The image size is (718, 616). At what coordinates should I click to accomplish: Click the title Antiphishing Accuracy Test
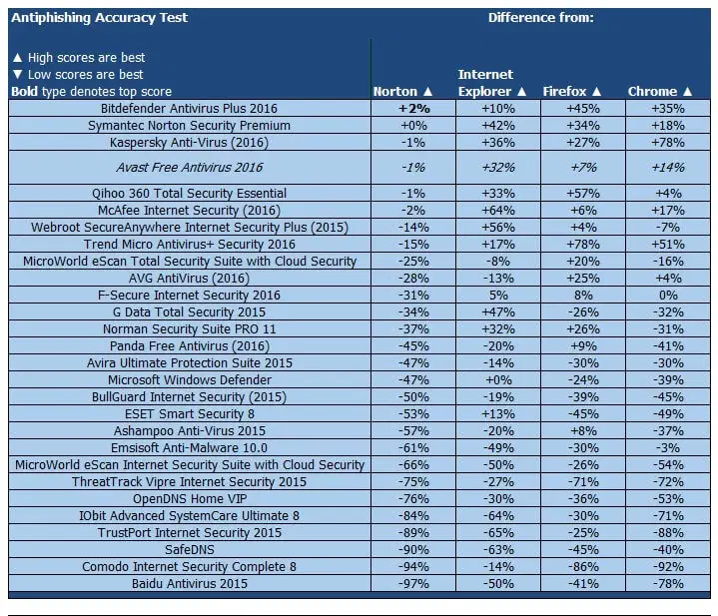coord(99,17)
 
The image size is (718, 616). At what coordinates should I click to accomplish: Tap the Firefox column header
coord(571,92)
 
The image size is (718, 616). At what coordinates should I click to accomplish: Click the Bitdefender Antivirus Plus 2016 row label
coord(189,108)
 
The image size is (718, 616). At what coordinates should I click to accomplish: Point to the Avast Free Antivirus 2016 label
coord(189,168)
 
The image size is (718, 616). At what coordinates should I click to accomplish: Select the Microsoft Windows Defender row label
coord(189,380)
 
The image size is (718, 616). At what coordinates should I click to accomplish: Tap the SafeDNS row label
coord(189,549)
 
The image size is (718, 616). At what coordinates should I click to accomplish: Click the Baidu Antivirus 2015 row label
coord(189,583)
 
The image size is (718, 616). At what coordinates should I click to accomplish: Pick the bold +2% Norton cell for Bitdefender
coord(413,108)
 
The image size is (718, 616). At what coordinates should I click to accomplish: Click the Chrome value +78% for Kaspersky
coord(668,142)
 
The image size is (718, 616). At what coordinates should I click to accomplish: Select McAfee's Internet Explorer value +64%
coord(498,211)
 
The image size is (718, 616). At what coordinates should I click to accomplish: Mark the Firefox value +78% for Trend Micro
coord(583,245)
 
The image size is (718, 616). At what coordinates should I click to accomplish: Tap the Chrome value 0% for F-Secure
coord(668,296)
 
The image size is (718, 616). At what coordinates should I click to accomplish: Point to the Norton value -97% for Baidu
coord(413,583)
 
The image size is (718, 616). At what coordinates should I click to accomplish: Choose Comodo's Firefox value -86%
coord(583,566)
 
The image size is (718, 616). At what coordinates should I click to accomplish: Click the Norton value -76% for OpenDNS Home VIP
coord(413,498)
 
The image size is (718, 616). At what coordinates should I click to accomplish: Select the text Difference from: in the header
coord(540,17)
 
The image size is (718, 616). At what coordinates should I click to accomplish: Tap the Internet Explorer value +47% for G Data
coord(498,312)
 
